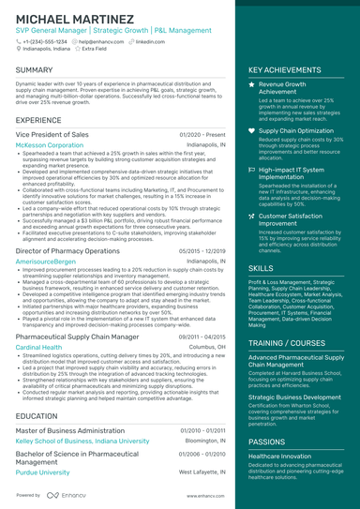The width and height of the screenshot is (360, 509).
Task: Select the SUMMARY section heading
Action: click(x=35, y=70)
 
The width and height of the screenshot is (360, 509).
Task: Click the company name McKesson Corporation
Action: click(x=50, y=146)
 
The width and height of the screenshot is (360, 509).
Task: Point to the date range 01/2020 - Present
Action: click(x=202, y=136)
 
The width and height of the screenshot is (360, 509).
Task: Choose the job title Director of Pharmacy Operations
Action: click(x=69, y=251)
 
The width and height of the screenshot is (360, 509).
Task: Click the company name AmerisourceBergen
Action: click(x=46, y=262)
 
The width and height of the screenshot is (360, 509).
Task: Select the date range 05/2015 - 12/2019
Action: click(x=202, y=251)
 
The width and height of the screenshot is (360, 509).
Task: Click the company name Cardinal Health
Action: click(x=39, y=346)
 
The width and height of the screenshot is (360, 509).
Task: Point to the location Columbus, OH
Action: click(x=207, y=346)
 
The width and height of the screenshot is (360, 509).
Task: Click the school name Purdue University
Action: click(x=43, y=472)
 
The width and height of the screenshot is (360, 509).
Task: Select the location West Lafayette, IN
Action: click(x=201, y=472)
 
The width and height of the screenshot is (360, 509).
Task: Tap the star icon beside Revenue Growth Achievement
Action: click(x=251, y=84)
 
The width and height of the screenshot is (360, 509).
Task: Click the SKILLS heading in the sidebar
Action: click(x=262, y=267)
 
